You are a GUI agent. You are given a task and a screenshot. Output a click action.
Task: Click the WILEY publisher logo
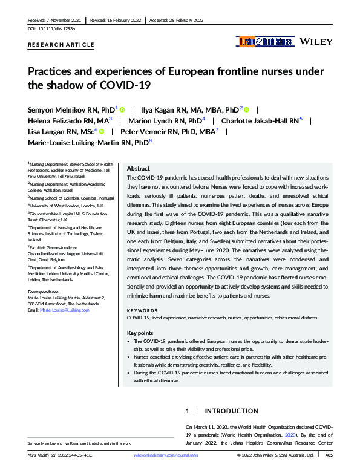[315, 42]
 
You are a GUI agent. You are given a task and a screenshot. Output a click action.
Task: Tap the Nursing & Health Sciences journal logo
[264, 42]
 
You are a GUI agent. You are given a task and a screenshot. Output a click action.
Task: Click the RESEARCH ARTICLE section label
[61, 45]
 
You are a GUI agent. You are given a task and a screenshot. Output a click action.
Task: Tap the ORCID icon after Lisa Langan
[102, 131]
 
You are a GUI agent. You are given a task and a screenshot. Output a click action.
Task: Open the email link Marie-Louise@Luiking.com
[64, 310]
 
